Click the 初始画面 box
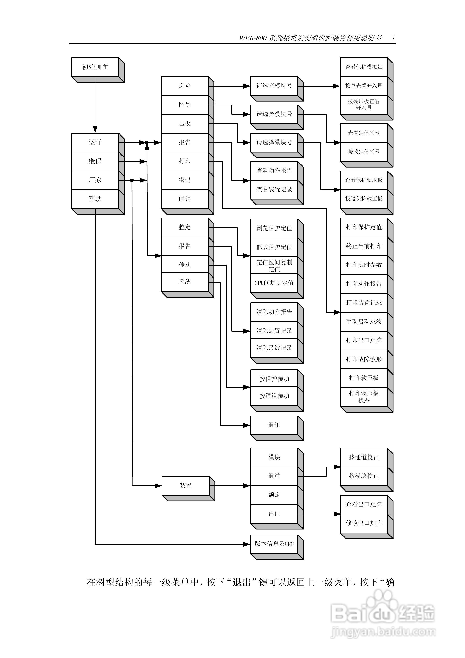[x=95, y=67]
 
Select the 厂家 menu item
[x=95, y=180]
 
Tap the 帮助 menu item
[x=95, y=199]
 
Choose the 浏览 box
[x=185, y=86]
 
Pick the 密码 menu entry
[x=185, y=180]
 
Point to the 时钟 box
[x=185, y=199]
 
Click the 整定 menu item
[x=185, y=227]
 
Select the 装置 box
[x=185, y=485]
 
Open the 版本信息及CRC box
[x=274, y=544]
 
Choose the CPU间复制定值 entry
[x=274, y=283]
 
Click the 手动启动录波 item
[x=364, y=322]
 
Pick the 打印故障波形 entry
[x=364, y=359]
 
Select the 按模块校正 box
[x=364, y=476]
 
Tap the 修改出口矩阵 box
[x=364, y=523]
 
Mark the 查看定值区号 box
[x=364, y=133]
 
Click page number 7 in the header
[x=393, y=38]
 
